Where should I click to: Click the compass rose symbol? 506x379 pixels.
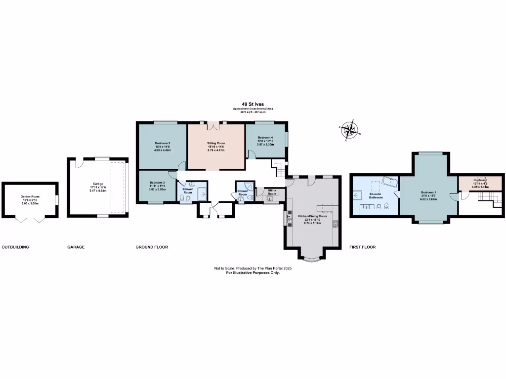coord(350,130)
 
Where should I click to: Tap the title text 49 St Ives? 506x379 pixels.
coord(253,104)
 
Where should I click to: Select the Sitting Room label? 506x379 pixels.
coord(215,143)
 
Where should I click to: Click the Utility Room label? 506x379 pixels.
coord(272,192)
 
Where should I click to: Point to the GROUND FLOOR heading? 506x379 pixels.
coord(152,247)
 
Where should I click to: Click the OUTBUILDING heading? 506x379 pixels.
coord(15,247)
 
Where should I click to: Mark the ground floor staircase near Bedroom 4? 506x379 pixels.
coord(281,170)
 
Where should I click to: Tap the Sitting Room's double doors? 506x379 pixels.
coord(213,126)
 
